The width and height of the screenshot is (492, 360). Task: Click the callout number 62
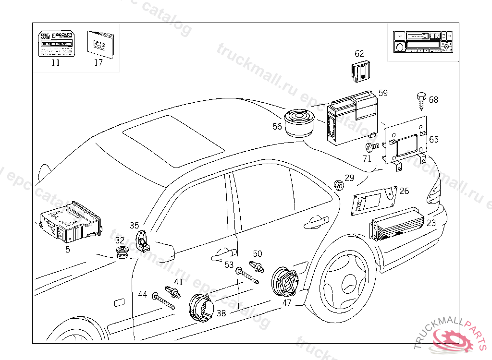(x=359, y=54)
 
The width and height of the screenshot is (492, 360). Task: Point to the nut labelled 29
(x=338, y=184)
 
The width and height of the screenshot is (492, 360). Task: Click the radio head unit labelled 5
(x=70, y=222)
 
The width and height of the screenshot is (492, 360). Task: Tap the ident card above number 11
(x=56, y=45)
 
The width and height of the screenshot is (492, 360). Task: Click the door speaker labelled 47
(x=286, y=283)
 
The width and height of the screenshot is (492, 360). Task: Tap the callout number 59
(x=383, y=93)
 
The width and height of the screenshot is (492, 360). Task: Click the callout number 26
(x=404, y=191)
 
